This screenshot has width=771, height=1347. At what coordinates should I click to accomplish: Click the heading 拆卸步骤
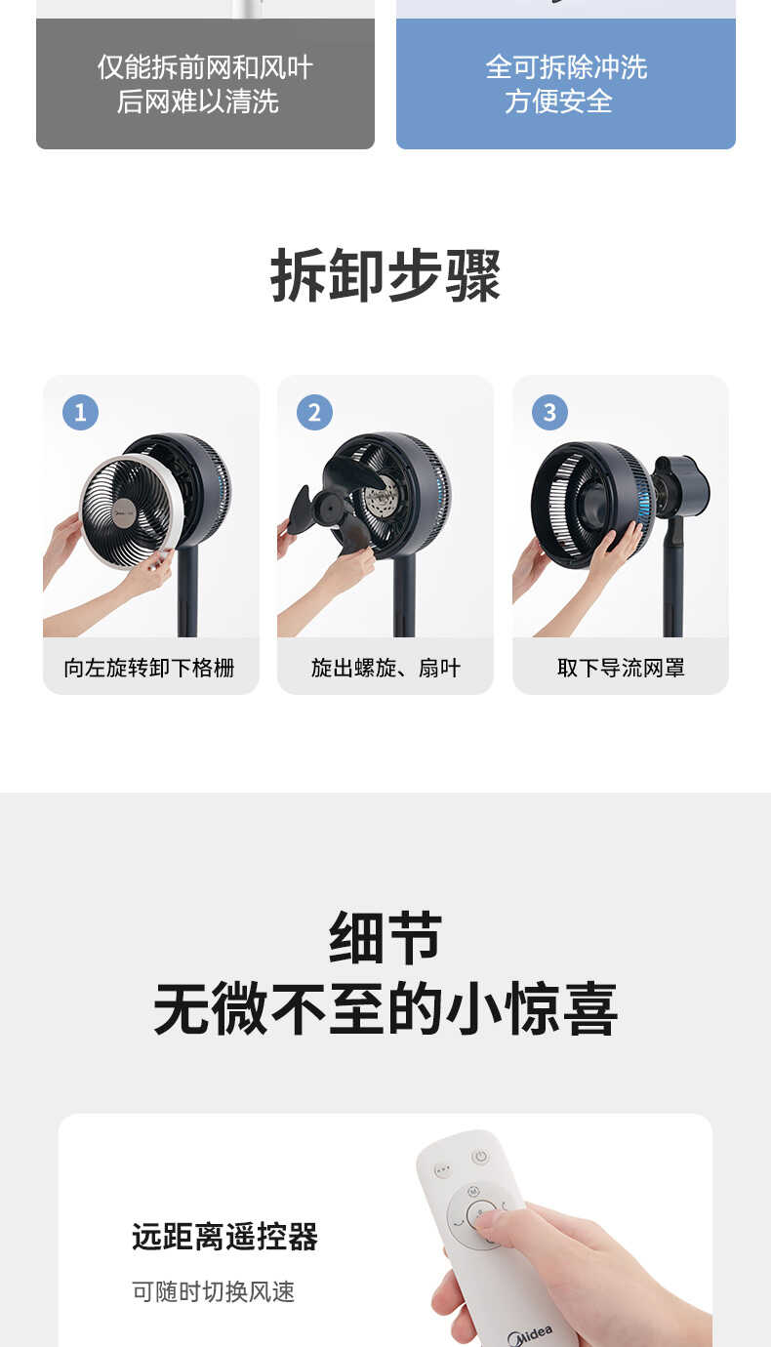pyautogui.click(x=385, y=276)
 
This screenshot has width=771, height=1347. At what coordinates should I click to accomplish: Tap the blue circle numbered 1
pyautogui.click(x=80, y=412)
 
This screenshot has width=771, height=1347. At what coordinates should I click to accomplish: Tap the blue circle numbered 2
pyautogui.click(x=314, y=412)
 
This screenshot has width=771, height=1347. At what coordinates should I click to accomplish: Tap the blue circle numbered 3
pyautogui.click(x=549, y=412)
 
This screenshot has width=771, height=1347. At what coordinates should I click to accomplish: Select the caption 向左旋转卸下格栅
pyautogui.click(x=149, y=668)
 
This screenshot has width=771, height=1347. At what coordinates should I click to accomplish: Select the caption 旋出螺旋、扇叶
pyautogui.click(x=385, y=668)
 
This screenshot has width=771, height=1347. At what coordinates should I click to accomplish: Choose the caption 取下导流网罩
pyautogui.click(x=621, y=668)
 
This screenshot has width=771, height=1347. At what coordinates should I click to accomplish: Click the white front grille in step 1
pyautogui.click(x=131, y=510)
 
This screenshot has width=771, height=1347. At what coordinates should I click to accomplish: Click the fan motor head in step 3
pyautogui.click(x=682, y=484)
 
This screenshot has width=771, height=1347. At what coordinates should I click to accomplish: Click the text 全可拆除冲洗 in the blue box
pyautogui.click(x=566, y=67)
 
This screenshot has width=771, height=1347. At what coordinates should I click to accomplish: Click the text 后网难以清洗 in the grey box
pyautogui.click(x=198, y=101)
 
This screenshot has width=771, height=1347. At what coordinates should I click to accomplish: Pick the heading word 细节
pyautogui.click(x=385, y=937)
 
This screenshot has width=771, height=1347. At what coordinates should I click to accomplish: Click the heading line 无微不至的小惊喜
pyautogui.click(x=385, y=1009)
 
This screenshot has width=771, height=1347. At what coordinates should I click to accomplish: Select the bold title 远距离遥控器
pyautogui.click(x=224, y=1238)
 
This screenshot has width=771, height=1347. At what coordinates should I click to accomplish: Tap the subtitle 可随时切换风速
pyautogui.click(x=213, y=1291)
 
